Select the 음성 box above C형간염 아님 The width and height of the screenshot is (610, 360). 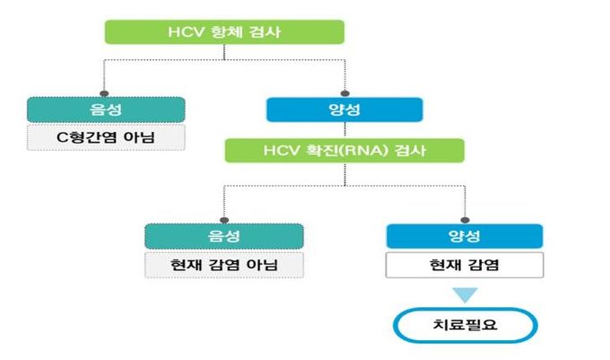pyautogui.click(x=106, y=110)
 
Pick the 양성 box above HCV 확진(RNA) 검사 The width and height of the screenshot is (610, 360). pyautogui.click(x=344, y=110)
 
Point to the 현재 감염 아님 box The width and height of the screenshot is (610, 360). pyautogui.click(x=224, y=265)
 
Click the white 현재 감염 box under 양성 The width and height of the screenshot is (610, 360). pyautogui.click(x=465, y=265)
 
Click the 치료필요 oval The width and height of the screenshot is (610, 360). pyautogui.click(x=465, y=326)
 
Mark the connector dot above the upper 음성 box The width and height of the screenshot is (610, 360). pyautogui.click(x=106, y=92)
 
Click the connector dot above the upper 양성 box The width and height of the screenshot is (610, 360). pyautogui.click(x=344, y=92)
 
